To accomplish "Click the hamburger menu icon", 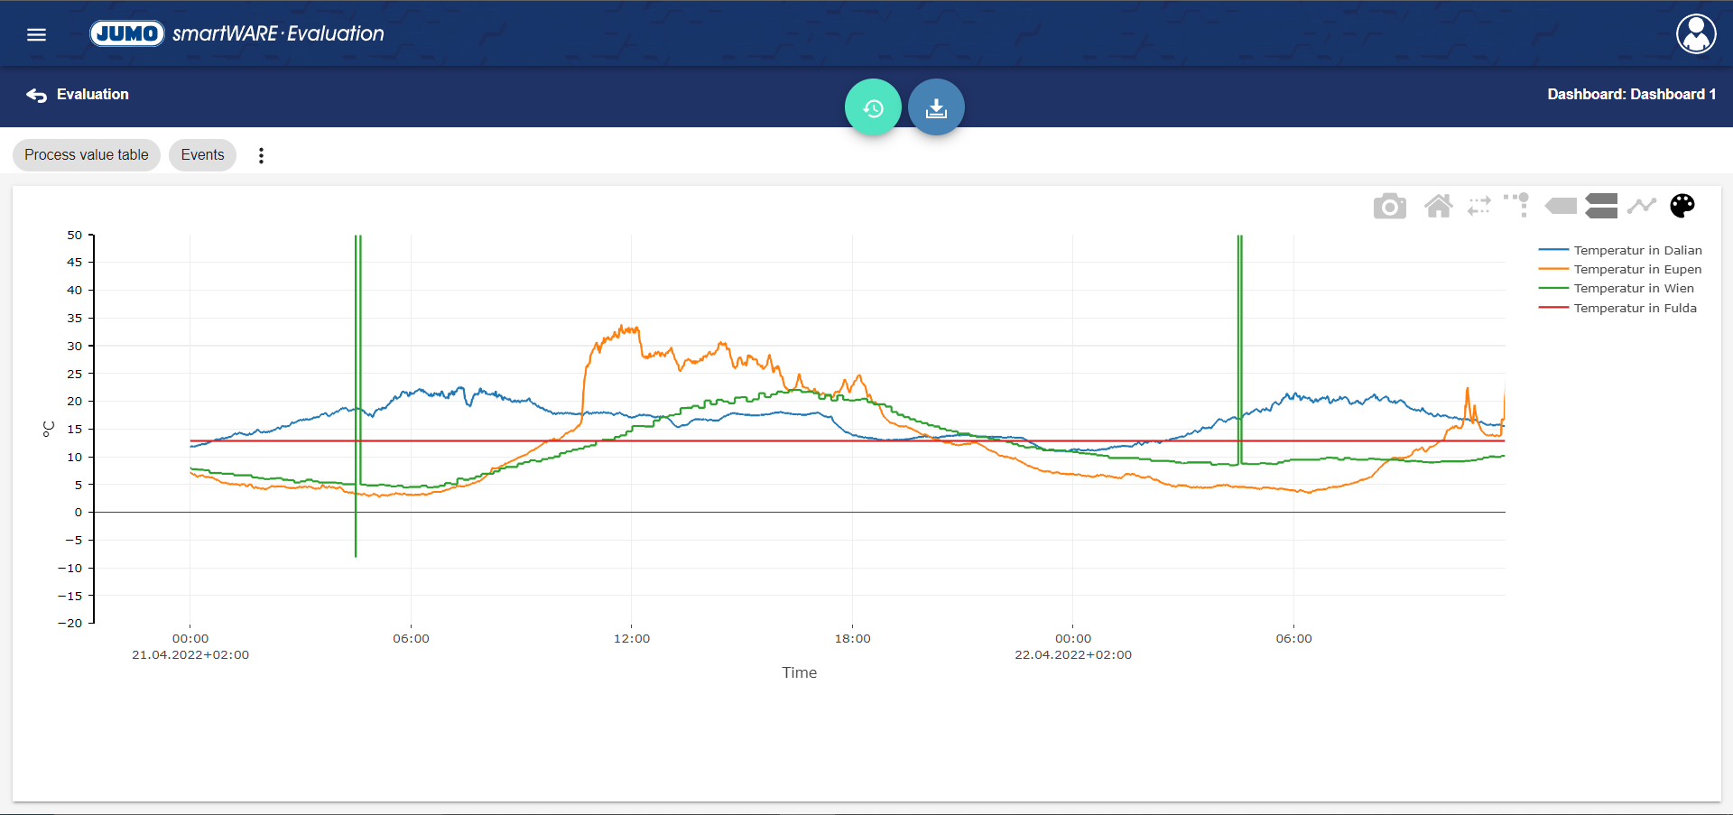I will (x=36, y=34).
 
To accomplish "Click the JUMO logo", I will (x=126, y=33).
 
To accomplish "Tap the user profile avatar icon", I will (x=1696, y=34).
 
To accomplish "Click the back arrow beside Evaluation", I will (x=36, y=95).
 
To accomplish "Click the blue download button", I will (x=936, y=107).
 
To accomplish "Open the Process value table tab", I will (x=87, y=155).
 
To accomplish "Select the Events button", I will (x=202, y=155).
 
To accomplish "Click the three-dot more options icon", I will (x=261, y=155).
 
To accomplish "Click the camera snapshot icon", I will (x=1389, y=207).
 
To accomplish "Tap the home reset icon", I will (x=1438, y=207).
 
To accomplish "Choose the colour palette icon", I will (x=1682, y=206).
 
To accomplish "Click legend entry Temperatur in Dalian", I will (x=1637, y=250).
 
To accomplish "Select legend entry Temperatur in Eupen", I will (x=1637, y=269).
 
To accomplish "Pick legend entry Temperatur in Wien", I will (x=1634, y=289).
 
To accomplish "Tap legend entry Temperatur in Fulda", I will (x=1635, y=308).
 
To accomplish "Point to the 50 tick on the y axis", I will (x=74, y=236).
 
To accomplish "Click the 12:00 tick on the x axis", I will (x=632, y=638).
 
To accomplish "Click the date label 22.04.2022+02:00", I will (x=1072, y=655).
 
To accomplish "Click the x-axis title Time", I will (x=799, y=672).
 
